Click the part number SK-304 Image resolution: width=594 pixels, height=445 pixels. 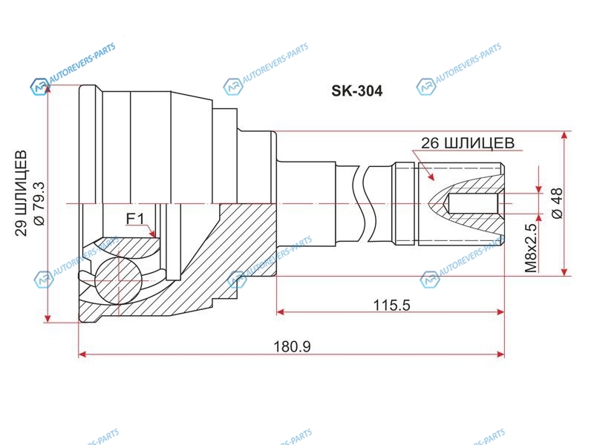tap(357, 90)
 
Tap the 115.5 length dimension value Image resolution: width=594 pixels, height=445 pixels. tap(392, 305)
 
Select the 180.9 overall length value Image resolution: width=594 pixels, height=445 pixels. tap(292, 346)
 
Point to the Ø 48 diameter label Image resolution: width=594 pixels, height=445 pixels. tap(558, 202)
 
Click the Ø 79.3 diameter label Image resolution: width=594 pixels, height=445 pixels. tap(39, 202)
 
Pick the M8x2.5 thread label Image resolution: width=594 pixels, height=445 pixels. tap(531, 248)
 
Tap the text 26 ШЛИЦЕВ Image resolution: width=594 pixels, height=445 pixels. tap(468, 143)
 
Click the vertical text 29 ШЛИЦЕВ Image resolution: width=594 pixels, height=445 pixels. tap(22, 194)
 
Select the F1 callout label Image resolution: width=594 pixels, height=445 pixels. tap(135, 219)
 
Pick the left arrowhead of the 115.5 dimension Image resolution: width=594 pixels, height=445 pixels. tap(281, 311)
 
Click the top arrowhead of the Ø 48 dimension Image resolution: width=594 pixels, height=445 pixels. tap(565, 136)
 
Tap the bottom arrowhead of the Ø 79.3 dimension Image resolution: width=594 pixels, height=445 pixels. tap(48, 318)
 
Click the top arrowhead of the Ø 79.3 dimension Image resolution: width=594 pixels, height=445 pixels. tap(48, 90)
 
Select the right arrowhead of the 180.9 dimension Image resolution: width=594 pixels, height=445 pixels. tap(500, 355)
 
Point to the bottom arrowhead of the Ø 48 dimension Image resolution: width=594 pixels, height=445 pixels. tap(565, 271)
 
